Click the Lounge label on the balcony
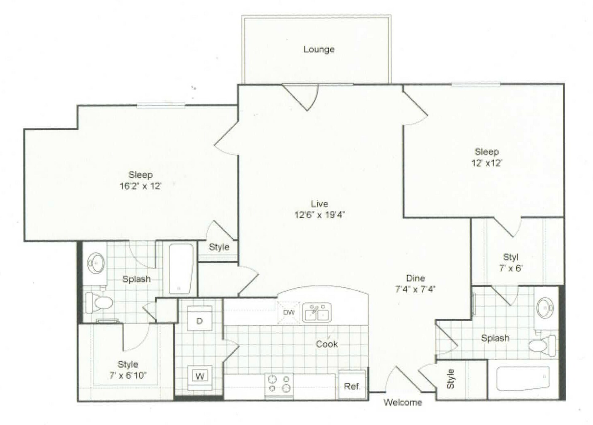(319, 49)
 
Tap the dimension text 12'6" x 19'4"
(320, 215)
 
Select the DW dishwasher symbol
(289, 312)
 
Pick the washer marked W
(200, 376)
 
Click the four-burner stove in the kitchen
(279, 384)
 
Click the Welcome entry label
(402, 402)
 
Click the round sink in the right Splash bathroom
(545, 308)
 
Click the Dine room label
(415, 278)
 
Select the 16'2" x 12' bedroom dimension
(140, 186)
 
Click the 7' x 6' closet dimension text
(510, 268)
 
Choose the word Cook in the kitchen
(327, 344)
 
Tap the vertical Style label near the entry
(450, 379)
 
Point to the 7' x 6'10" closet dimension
(128, 375)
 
